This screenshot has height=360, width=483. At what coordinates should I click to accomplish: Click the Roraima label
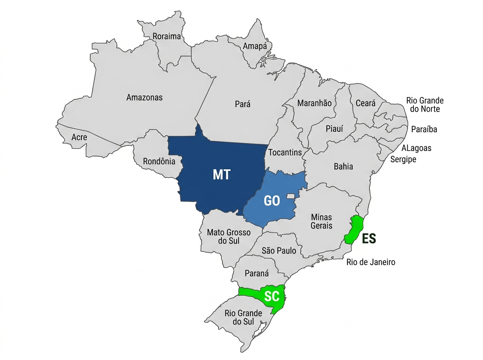pos(167,37)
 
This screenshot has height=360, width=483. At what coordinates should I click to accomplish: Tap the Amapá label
pos(255,46)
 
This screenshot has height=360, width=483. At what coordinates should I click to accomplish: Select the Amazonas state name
pos(144,97)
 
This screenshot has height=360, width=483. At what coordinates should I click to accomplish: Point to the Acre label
pos(79,137)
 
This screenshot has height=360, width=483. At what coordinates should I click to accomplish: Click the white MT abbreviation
pos(221,174)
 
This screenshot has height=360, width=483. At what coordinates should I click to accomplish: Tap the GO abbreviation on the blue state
pos(272,200)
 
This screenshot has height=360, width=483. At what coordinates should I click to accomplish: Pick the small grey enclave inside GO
pos(291,196)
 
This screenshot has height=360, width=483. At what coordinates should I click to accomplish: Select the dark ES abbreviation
pos(369,238)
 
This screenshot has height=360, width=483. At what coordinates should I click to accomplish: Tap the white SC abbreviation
pos(272,296)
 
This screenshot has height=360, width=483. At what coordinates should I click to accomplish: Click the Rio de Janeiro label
pos(371,262)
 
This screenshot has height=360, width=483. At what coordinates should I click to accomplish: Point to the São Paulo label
pos(279,251)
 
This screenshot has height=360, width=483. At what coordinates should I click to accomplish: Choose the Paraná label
pos(256,273)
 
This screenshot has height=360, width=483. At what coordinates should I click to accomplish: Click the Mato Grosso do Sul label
pos(229,237)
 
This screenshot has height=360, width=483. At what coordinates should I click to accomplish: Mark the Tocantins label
pos(285,153)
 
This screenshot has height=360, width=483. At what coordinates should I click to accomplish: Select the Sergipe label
pos(403,160)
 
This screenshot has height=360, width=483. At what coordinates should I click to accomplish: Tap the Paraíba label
pos(424,129)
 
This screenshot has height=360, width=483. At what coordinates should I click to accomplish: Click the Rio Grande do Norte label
pos(425,104)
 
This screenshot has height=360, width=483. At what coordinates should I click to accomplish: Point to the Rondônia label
pos(159,162)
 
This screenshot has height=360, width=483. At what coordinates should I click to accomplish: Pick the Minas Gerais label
pos(322,221)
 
